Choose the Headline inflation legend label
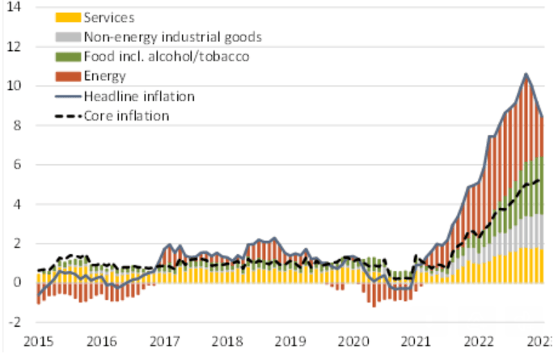point(139,95)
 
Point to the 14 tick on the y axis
point(15,7)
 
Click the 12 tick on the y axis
point(15,47)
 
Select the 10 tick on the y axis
point(15,86)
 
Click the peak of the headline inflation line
point(527,74)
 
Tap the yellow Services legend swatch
point(68,17)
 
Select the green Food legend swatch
point(68,57)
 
